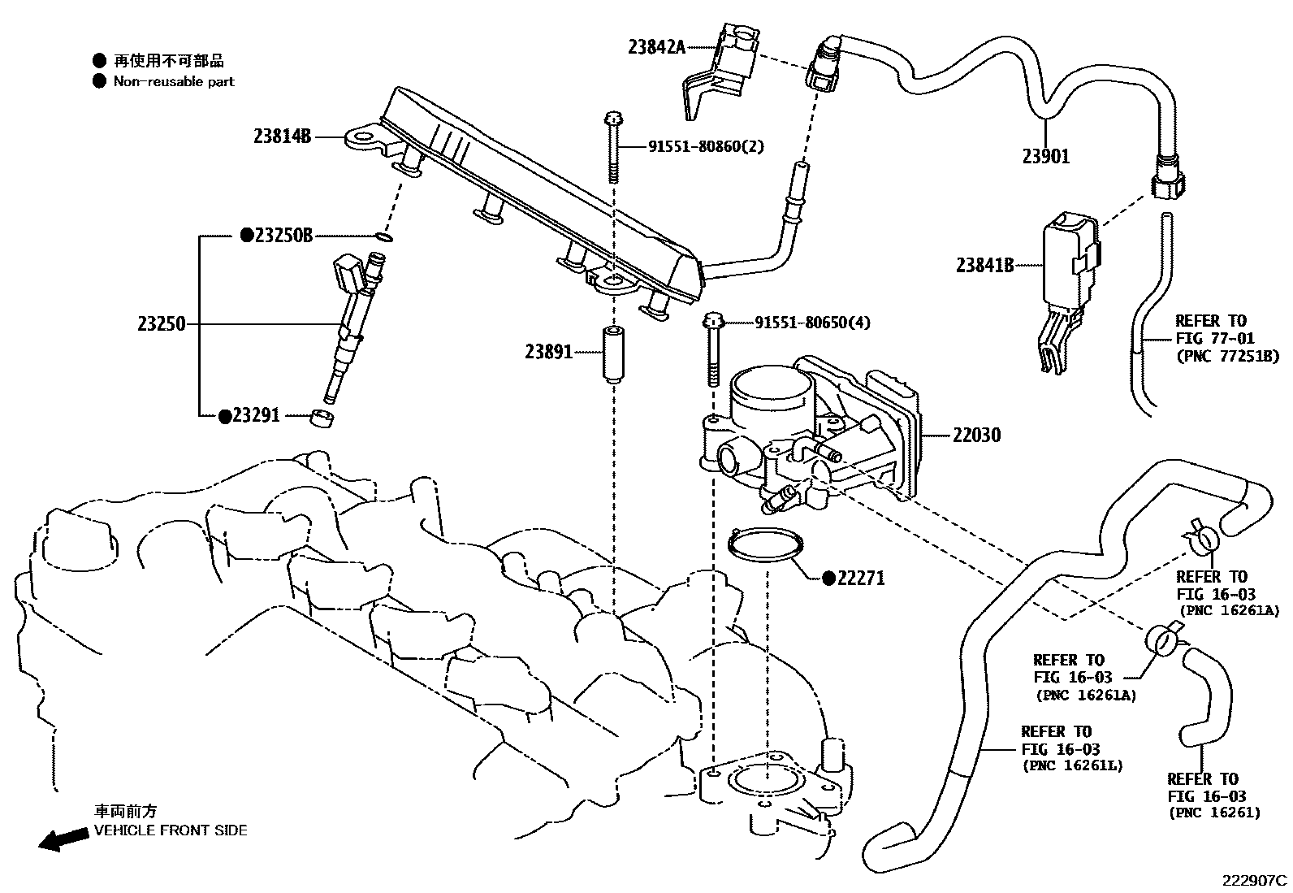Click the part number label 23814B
coord(282,137)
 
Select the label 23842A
coord(656,47)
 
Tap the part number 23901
coord(1045,157)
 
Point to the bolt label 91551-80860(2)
coord(706,147)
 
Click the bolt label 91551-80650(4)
coord(812,323)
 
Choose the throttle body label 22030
coord(976,436)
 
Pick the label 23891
coord(548,352)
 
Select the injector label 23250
coord(162,325)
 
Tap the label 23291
coord(255,415)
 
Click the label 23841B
coord(984,265)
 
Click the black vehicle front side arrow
coord(64,839)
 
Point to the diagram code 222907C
coord(1256,880)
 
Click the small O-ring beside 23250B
coord(385,238)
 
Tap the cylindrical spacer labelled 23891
coord(612,353)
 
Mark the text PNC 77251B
coord(1227,356)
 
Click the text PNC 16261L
coord(1072,765)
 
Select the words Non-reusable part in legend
coord(174,81)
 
